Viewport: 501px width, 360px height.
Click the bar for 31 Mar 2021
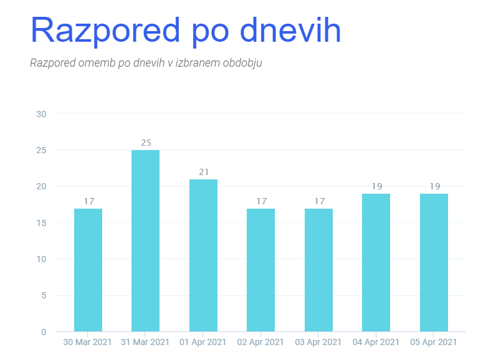pyautogui.click(x=146, y=240)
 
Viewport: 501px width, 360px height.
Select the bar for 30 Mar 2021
pyautogui.click(x=88, y=270)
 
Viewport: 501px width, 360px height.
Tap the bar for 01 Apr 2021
pyautogui.click(x=203, y=255)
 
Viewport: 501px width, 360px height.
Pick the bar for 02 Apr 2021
pyautogui.click(x=260, y=270)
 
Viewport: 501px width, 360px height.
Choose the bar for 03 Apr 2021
pyautogui.click(x=318, y=270)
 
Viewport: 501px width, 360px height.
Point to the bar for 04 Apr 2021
pyautogui.click(x=376, y=262)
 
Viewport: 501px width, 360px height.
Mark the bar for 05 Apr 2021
pyautogui.click(x=434, y=262)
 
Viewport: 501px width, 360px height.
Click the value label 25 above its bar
pyautogui.click(x=146, y=143)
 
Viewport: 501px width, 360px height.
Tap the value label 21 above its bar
pyautogui.click(x=203, y=172)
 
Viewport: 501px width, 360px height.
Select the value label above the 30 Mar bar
pyautogui.click(x=88, y=201)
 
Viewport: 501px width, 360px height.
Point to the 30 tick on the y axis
pyautogui.click(x=42, y=114)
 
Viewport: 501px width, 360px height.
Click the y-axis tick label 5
pyautogui.click(x=44, y=295)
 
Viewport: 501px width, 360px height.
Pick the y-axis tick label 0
pyautogui.click(x=44, y=332)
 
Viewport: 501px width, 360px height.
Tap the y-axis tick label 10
pyautogui.click(x=42, y=259)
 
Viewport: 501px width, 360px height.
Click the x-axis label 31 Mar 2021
pyautogui.click(x=146, y=342)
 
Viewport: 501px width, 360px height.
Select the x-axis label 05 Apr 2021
pyautogui.click(x=434, y=342)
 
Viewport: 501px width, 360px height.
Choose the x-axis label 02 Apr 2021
pyautogui.click(x=260, y=342)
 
